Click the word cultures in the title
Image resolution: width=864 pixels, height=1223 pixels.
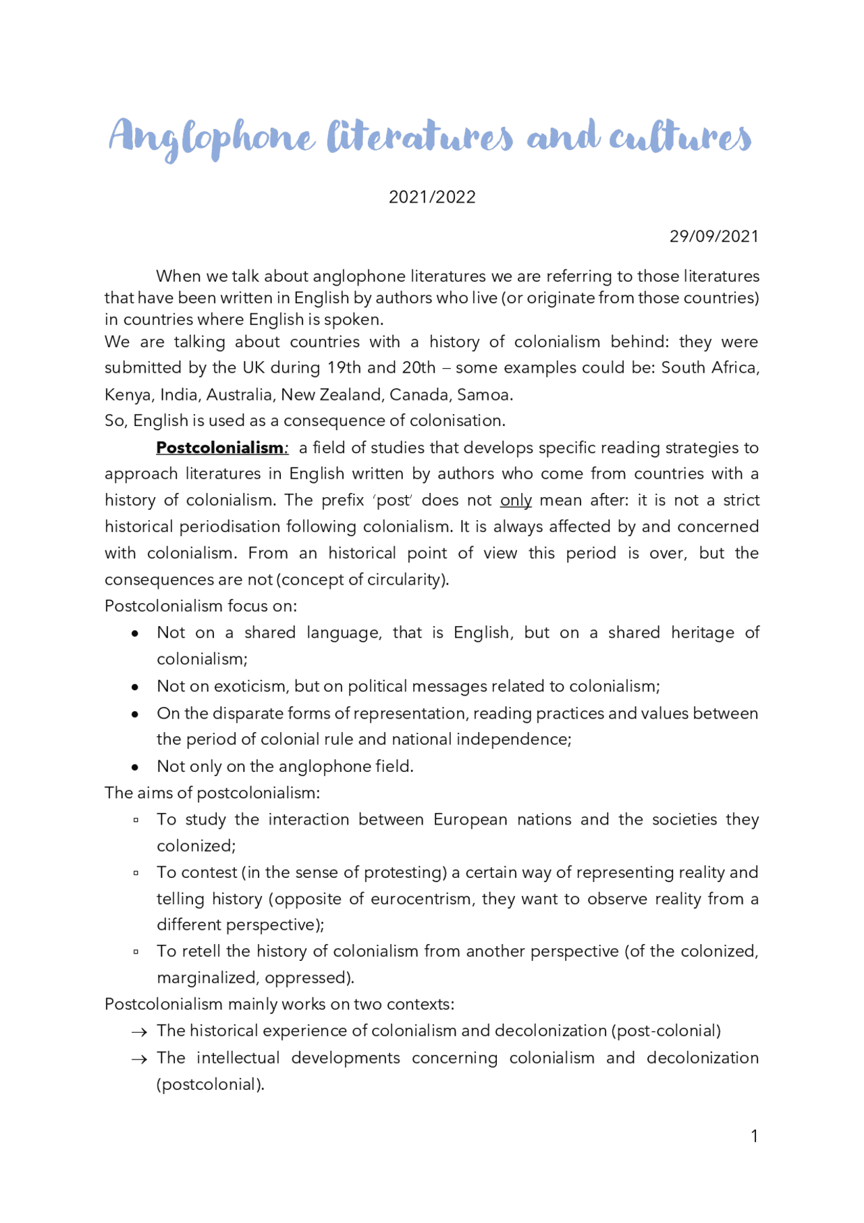pos(680,137)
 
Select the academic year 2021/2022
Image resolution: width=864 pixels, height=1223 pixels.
pos(432,197)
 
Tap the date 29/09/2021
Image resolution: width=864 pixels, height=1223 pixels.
pos(713,236)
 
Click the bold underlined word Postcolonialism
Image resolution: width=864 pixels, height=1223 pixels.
pos(220,448)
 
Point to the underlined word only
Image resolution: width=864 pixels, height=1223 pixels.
pos(516,500)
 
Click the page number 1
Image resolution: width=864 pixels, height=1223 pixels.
pos(754,1137)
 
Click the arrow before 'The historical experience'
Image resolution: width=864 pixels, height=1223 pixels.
pos(139,1032)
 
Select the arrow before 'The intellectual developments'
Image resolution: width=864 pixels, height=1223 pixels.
pos(139,1059)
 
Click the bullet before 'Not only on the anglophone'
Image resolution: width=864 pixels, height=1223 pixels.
pos(136,767)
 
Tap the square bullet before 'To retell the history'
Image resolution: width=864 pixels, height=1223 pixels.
pos(136,952)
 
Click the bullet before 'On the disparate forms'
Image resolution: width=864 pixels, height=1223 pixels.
pos(136,714)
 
